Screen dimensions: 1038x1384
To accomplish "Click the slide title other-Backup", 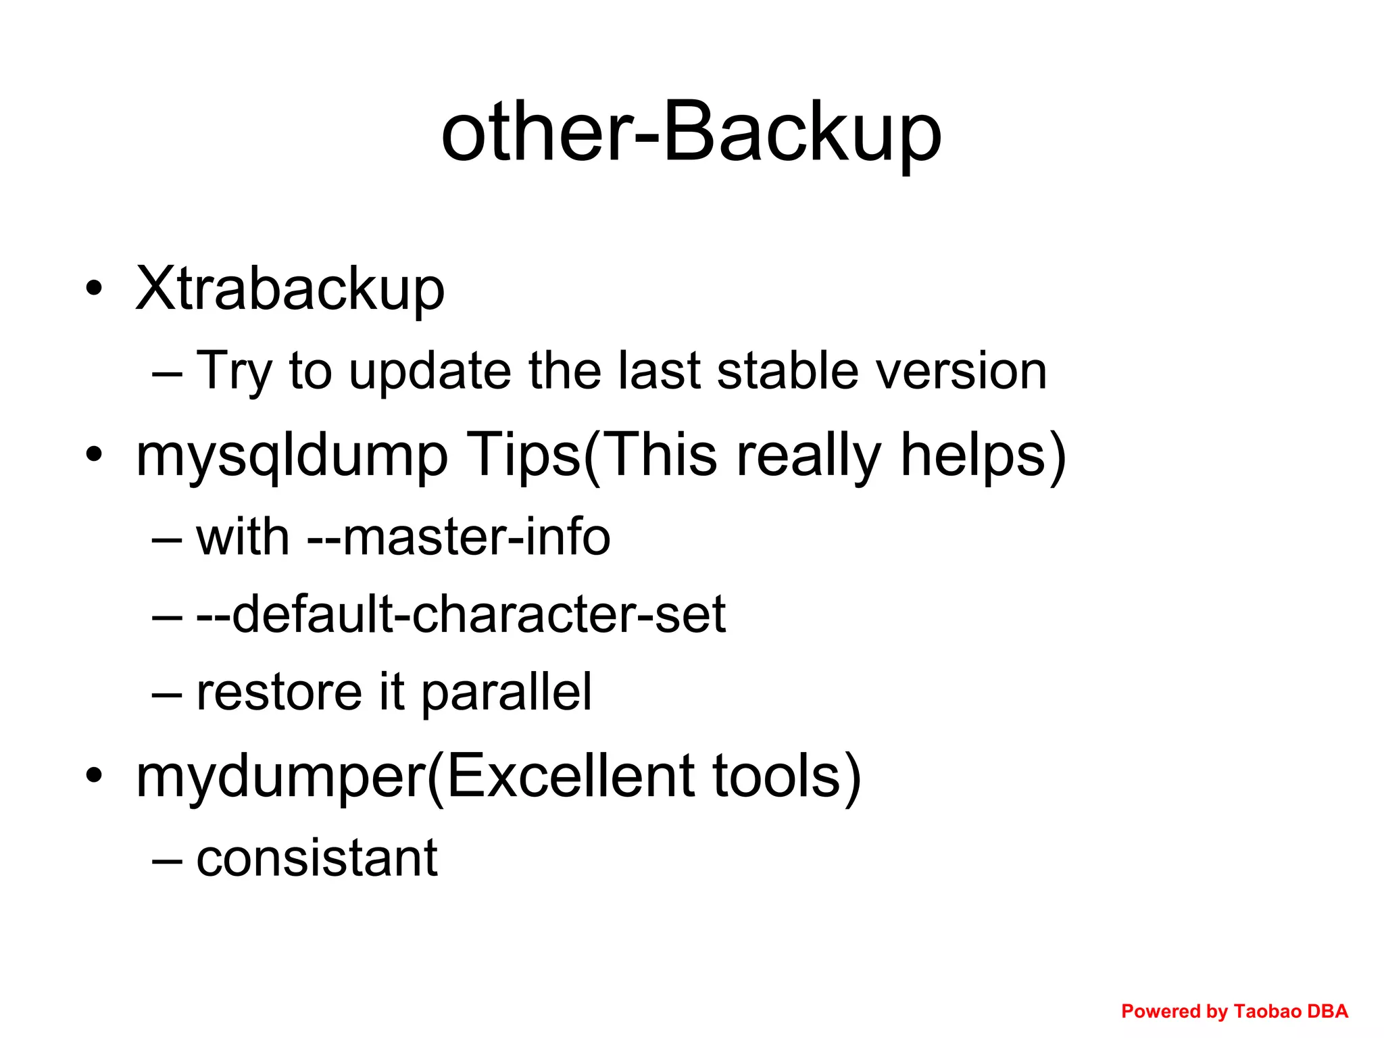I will click(x=691, y=131).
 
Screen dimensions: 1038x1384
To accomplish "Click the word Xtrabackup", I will click(x=290, y=289).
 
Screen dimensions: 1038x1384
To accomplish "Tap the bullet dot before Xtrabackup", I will click(x=94, y=289).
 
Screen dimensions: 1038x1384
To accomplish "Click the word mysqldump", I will click(x=291, y=456).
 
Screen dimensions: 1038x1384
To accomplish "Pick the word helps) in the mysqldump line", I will click(x=983, y=456).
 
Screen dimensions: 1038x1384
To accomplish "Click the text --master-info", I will click(x=459, y=537).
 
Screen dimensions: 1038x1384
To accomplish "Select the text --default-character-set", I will click(x=461, y=614).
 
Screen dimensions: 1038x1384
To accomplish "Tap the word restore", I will click(x=279, y=692).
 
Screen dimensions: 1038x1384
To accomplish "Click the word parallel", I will click(x=507, y=693).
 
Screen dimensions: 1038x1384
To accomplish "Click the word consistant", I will click(x=317, y=858).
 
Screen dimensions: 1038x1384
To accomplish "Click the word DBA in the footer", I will click(x=1328, y=1011).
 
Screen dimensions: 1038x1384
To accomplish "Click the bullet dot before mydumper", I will click(x=94, y=776).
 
